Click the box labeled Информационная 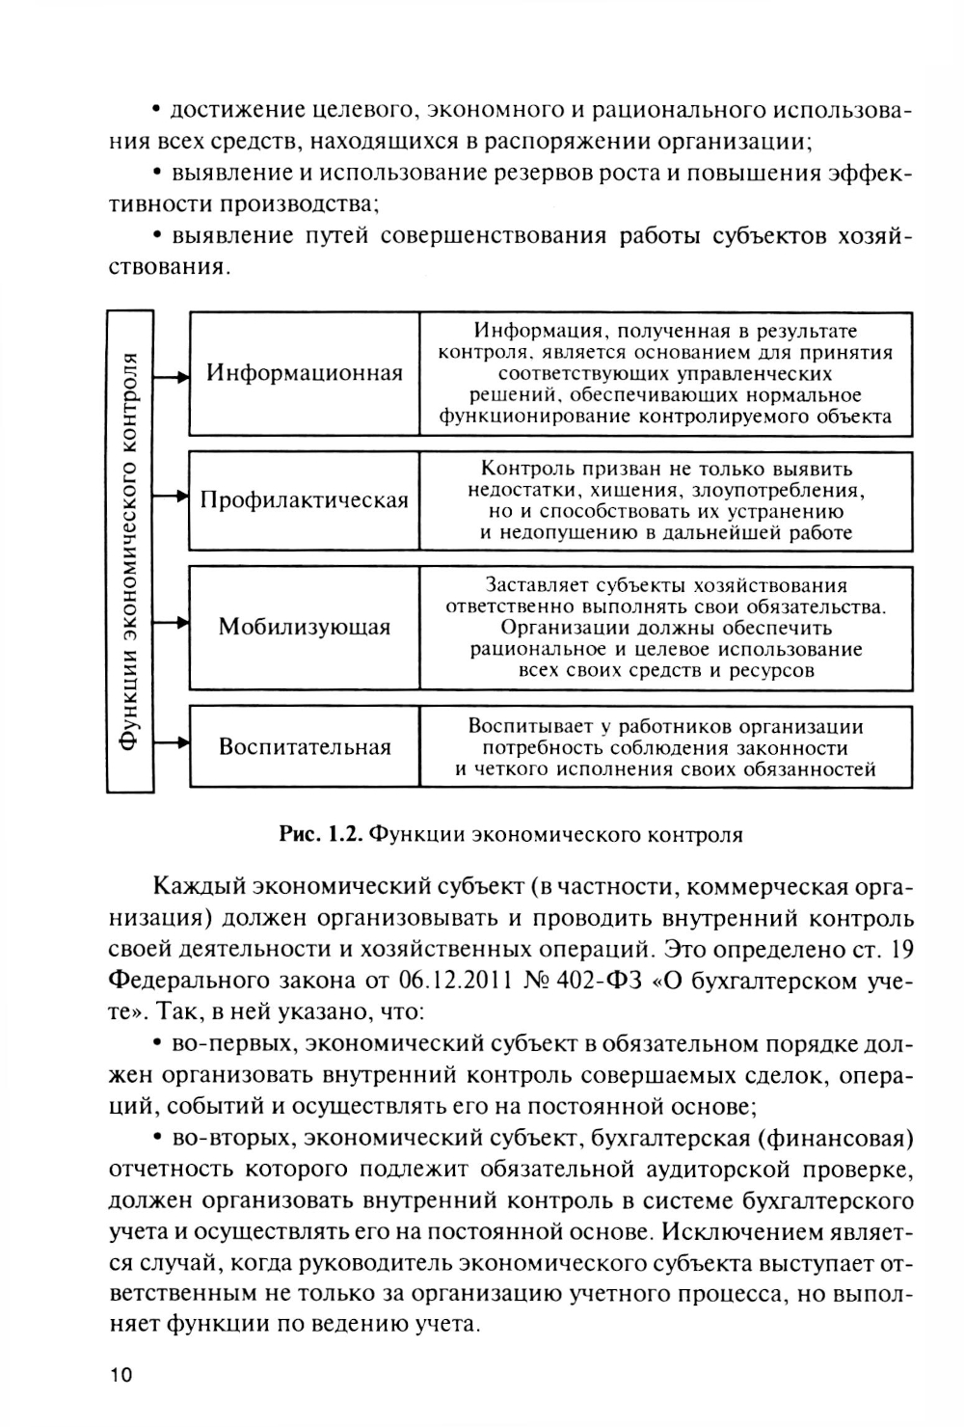(x=305, y=373)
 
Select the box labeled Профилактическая (x=305, y=500)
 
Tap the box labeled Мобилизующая (x=305, y=628)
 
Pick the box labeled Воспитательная (x=305, y=747)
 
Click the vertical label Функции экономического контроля (x=130, y=552)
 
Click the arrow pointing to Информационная (x=171, y=377)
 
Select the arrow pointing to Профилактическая (x=171, y=497)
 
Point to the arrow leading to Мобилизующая (x=171, y=624)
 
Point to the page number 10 (x=124, y=1376)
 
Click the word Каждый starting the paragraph (x=197, y=887)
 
